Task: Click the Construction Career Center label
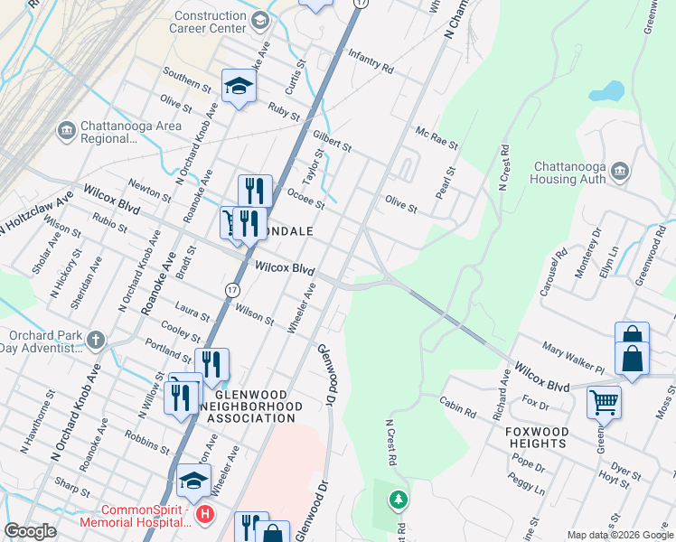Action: pyautogui.click(x=211, y=23)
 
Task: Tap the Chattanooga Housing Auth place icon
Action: pyautogui.click(x=620, y=171)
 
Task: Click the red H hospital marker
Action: pyautogui.click(x=205, y=515)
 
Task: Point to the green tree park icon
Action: pyautogui.click(x=398, y=499)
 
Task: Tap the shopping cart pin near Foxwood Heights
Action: pyautogui.click(x=604, y=401)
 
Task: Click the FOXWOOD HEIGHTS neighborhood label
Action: pyautogui.click(x=538, y=438)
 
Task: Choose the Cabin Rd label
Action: pyautogui.click(x=457, y=407)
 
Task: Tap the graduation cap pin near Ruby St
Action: pyautogui.click(x=239, y=86)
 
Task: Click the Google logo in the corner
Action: pyautogui.click(x=30, y=531)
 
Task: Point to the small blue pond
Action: pyautogui.click(x=606, y=92)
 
